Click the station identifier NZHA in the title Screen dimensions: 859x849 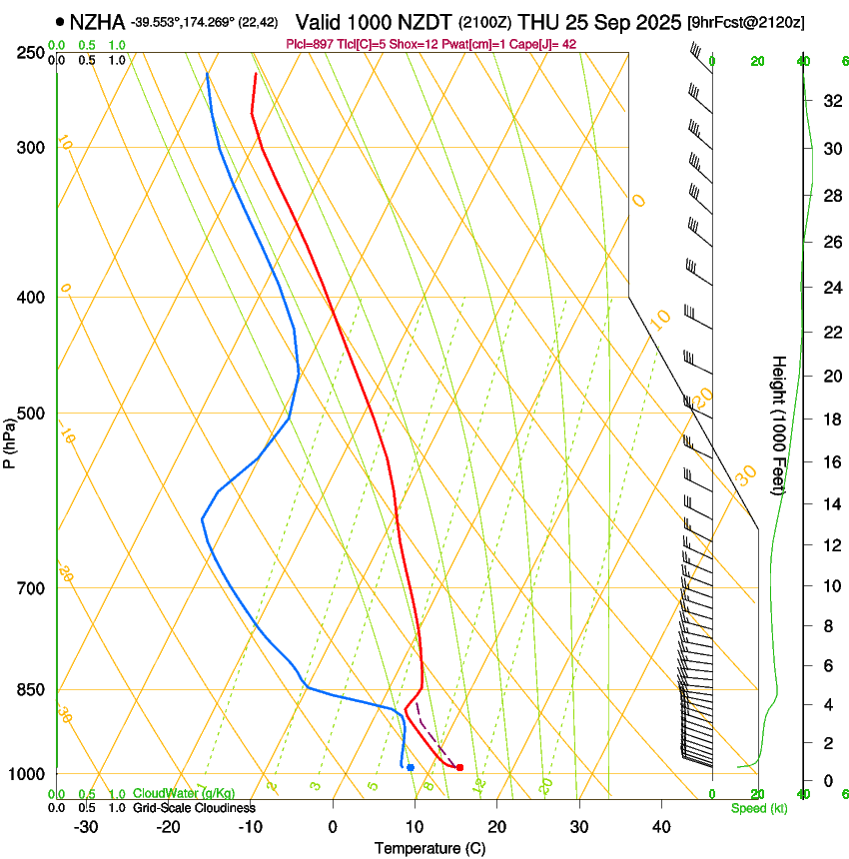97,21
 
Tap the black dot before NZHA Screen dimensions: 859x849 61,21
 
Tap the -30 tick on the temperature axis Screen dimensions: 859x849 86,827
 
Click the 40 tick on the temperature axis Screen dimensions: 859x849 661,827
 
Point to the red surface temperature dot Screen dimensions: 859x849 459,767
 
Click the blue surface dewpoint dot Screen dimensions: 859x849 411,767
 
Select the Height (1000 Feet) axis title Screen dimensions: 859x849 780,425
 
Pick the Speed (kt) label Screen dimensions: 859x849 758,808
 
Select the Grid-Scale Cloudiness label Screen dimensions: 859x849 194,808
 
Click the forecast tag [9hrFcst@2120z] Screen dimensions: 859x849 747,22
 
